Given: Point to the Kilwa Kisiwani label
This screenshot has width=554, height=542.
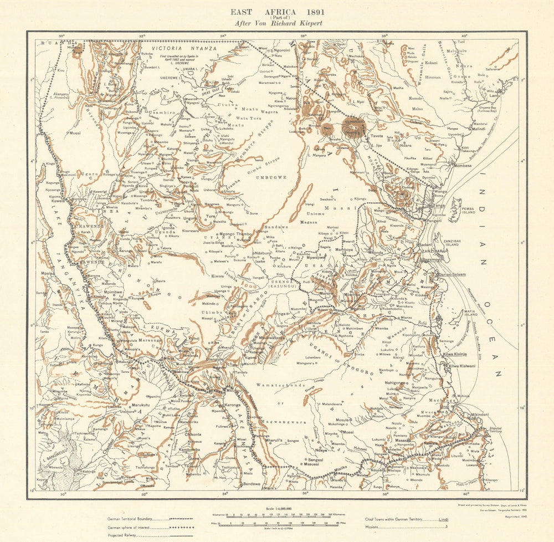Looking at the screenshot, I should click(461, 366).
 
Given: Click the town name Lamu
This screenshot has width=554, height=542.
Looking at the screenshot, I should click(494, 96).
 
